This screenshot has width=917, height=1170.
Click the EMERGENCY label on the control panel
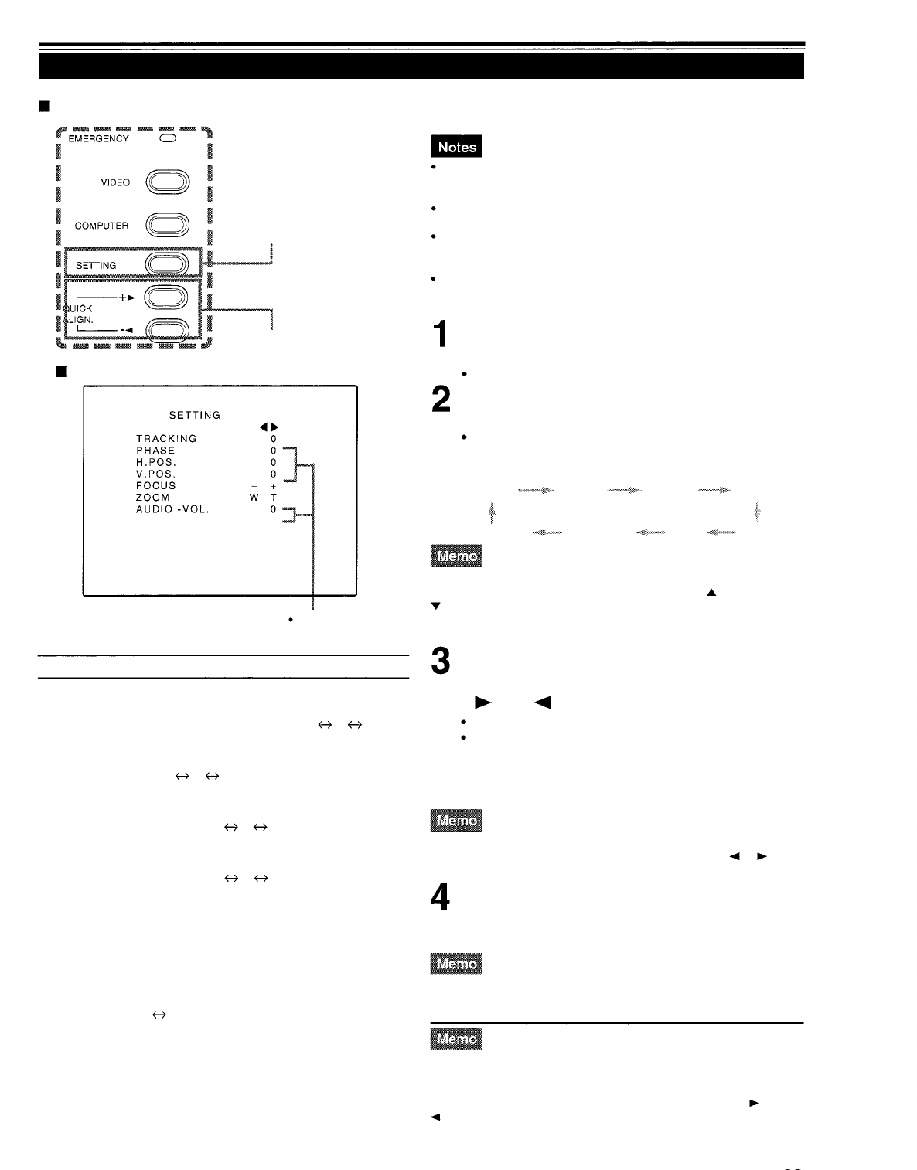(x=98, y=139)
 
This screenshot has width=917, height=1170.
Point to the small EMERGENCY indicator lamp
(x=168, y=138)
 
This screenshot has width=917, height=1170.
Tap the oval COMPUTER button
(x=168, y=225)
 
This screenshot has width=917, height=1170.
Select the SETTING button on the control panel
(x=168, y=264)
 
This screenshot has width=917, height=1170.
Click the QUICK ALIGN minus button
(x=168, y=330)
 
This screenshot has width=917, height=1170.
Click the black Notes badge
(x=456, y=147)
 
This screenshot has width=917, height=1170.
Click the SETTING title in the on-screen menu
(x=195, y=415)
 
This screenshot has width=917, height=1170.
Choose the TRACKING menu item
(x=166, y=439)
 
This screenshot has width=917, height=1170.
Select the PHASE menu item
(x=155, y=451)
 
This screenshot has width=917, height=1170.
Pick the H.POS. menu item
(x=156, y=462)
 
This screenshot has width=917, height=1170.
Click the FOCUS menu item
(x=155, y=486)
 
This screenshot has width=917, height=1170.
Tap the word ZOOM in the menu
(x=152, y=498)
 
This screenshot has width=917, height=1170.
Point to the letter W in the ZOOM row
(x=254, y=498)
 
